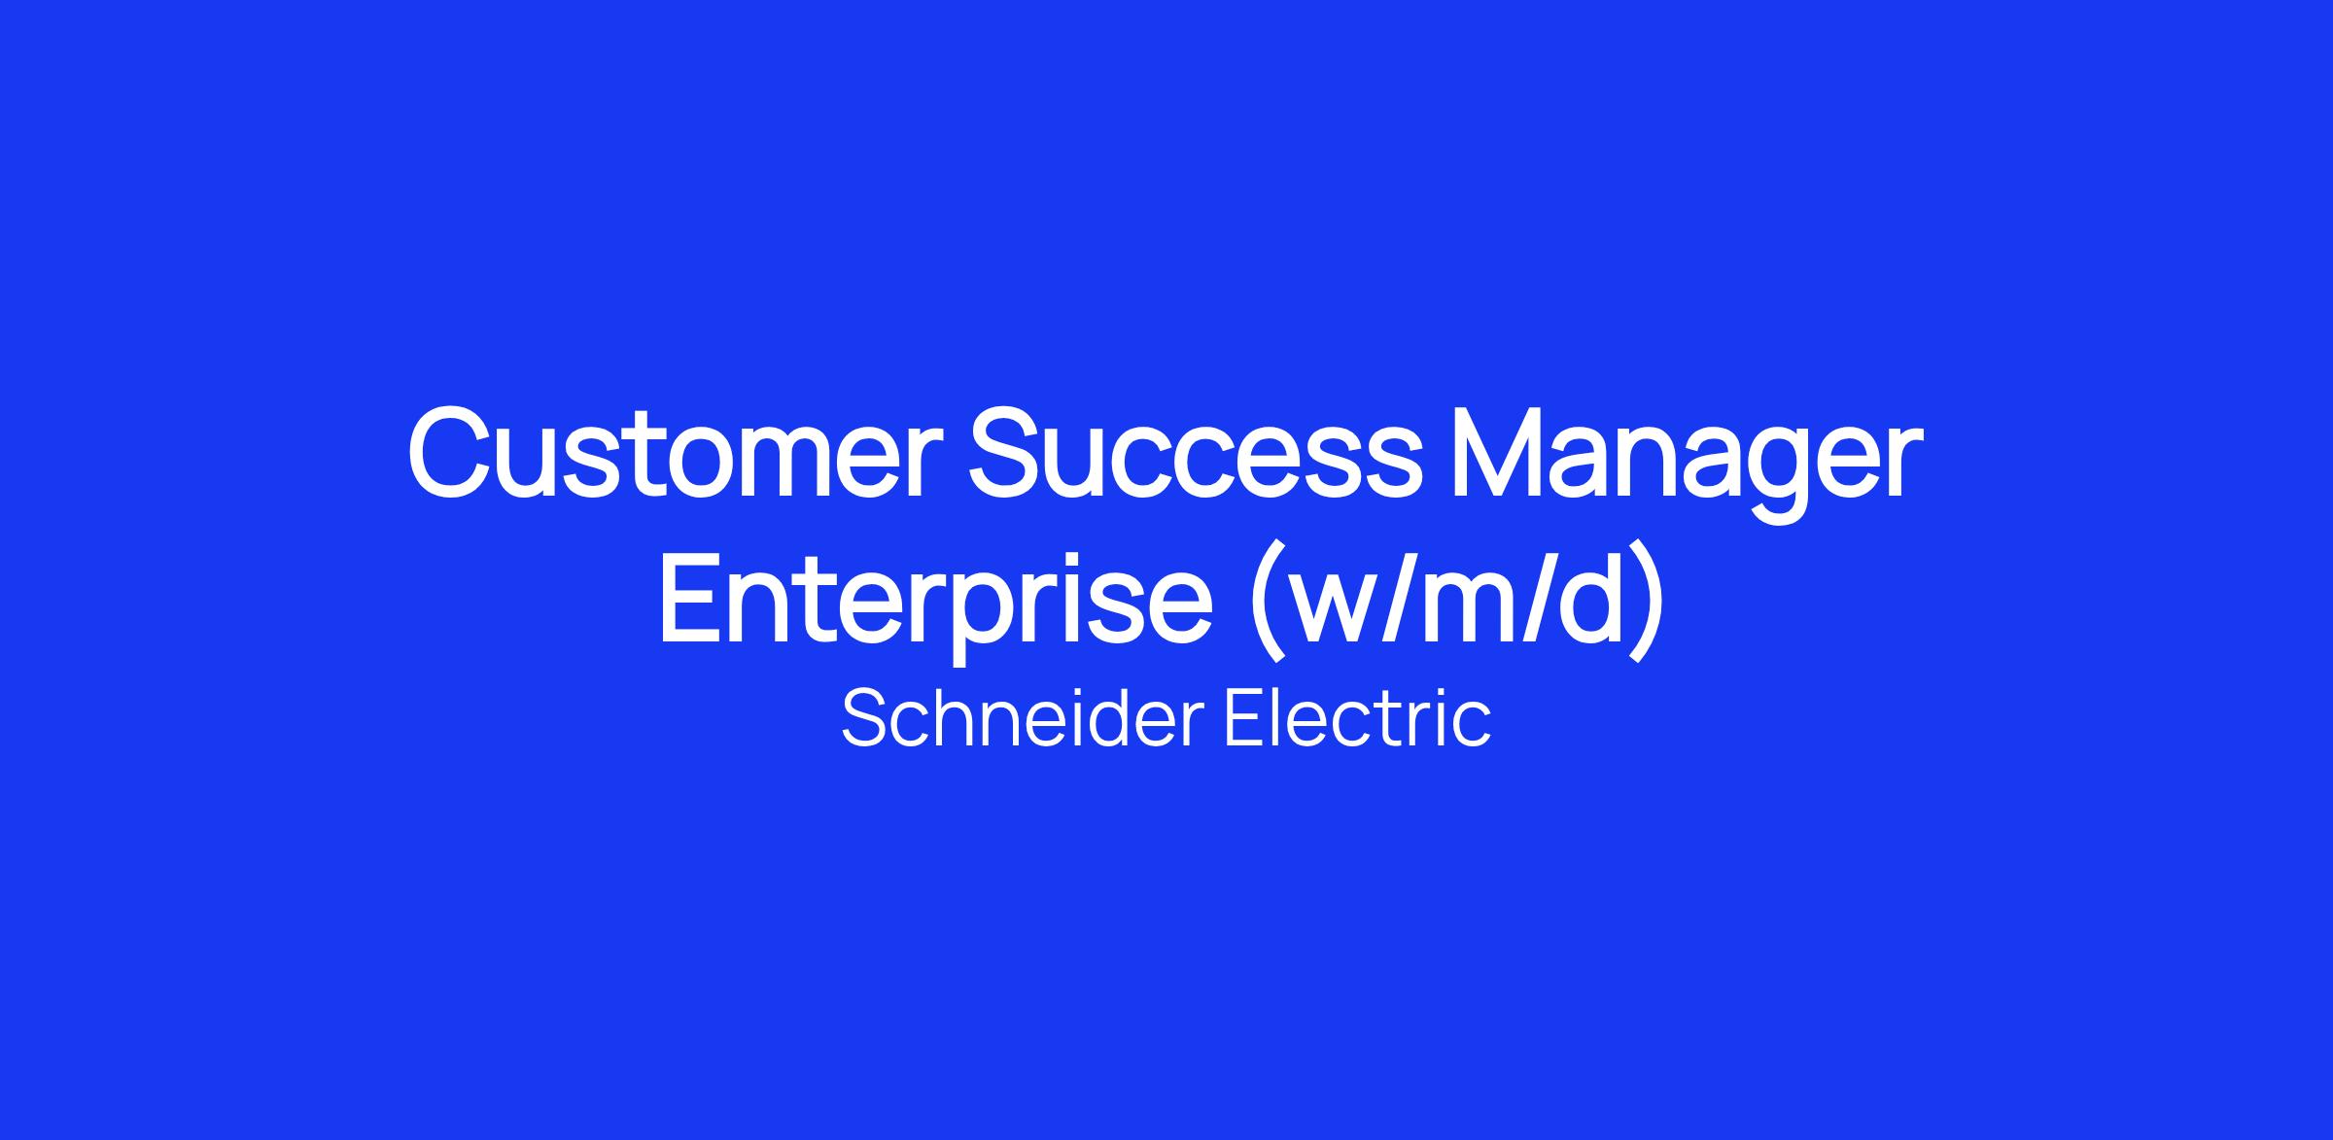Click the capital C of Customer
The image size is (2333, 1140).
[453, 454]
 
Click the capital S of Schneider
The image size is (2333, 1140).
[867, 718]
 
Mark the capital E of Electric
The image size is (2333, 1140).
[1245, 718]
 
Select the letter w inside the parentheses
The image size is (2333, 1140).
[1343, 609]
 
